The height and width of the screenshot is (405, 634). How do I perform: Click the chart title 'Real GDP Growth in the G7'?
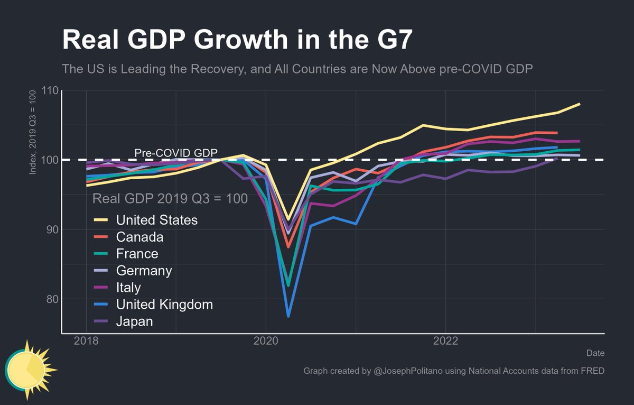[237, 40]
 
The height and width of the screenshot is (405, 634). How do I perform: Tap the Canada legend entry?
[139, 237]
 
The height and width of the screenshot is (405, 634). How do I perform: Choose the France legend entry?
[137, 254]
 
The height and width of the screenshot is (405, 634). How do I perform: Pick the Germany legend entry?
[144, 271]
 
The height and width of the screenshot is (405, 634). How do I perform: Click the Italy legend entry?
[128, 288]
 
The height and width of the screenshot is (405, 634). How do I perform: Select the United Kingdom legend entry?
[164, 305]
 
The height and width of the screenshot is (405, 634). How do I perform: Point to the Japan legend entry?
[134, 321]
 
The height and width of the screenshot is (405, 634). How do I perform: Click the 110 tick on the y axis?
[49, 90]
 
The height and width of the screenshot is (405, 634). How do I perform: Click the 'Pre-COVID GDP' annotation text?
[176, 153]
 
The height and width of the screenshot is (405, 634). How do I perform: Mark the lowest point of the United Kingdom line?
[288, 316]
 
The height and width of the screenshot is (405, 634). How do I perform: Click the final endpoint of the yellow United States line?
[580, 104]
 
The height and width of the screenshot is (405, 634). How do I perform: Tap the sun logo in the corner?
[29, 369]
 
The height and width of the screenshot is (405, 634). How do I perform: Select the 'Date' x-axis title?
[595, 353]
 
